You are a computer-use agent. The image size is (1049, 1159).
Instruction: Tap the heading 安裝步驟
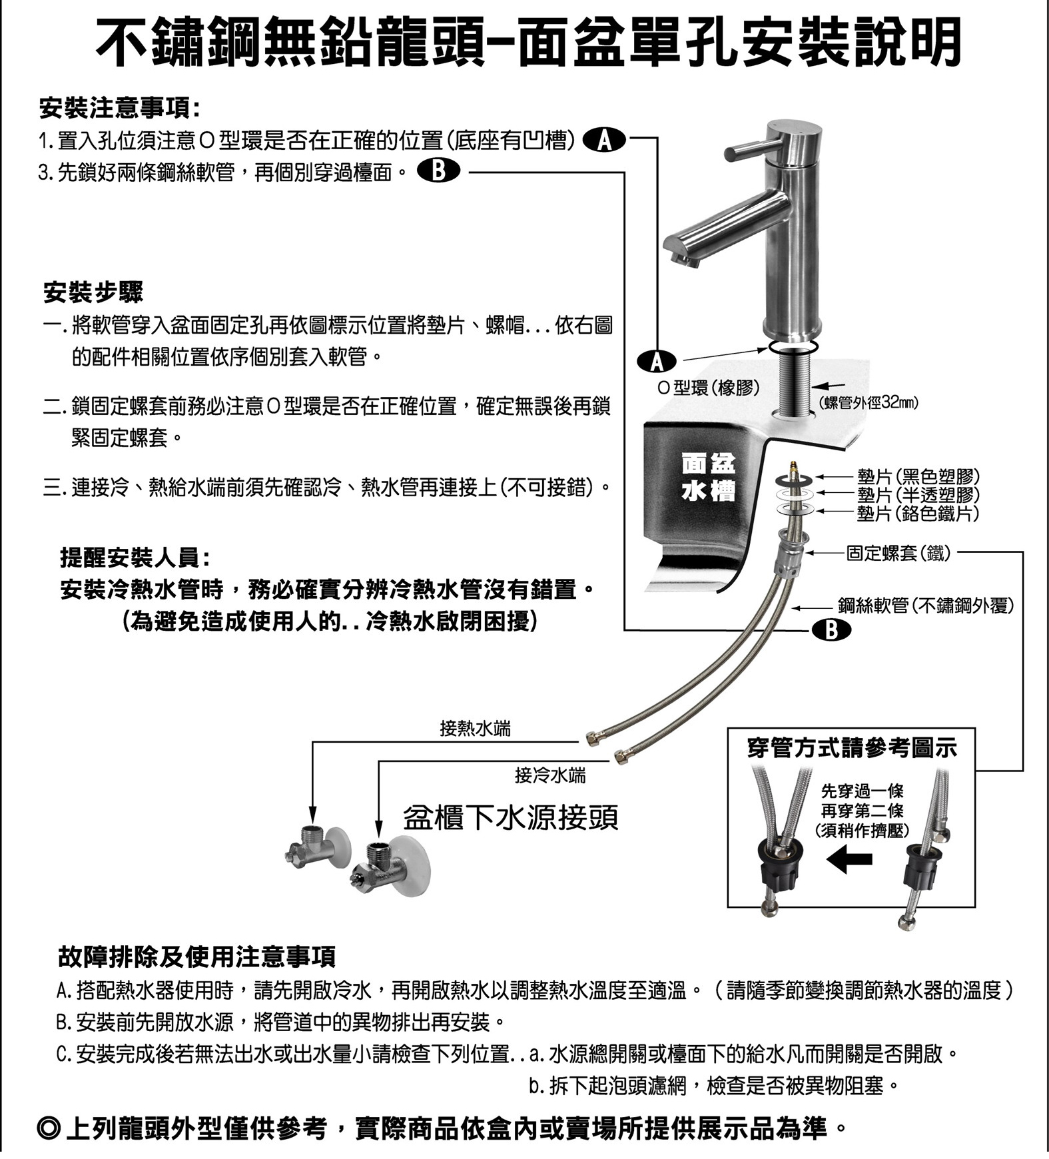(x=93, y=292)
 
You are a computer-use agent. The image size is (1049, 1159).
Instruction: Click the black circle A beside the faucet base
(x=657, y=360)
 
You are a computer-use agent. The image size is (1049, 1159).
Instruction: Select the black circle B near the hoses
(x=831, y=629)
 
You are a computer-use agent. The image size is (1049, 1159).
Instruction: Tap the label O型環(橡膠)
(x=708, y=388)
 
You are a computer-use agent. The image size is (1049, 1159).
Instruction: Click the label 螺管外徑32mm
(x=868, y=403)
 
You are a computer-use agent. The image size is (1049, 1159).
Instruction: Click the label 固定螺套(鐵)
(x=898, y=553)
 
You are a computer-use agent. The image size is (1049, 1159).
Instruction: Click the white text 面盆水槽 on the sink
(x=707, y=478)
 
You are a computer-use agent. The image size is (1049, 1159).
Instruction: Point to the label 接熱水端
(x=475, y=729)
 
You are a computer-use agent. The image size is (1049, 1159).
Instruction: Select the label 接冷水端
(x=550, y=775)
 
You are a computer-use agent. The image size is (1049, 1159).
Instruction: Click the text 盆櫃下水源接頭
(x=510, y=817)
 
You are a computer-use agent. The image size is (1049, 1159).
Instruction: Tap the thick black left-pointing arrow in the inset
(x=849, y=860)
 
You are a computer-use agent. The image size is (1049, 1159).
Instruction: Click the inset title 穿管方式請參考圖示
(x=852, y=748)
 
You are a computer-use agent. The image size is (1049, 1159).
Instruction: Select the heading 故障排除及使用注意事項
(x=197, y=957)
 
